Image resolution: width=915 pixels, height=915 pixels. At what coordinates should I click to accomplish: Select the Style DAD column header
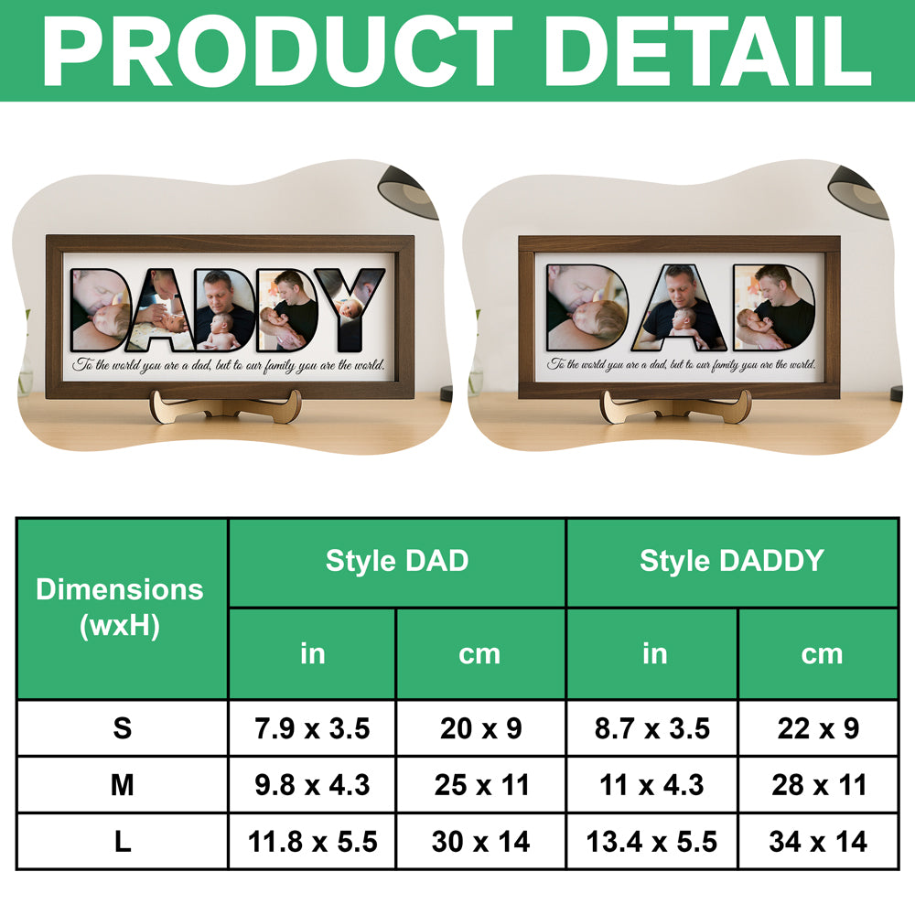coord(397,561)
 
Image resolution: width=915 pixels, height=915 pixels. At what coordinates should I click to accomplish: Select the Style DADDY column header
coord(732,561)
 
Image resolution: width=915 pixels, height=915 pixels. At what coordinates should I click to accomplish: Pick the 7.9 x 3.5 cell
coord(312,728)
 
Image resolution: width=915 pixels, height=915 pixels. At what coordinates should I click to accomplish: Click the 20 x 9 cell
coord(480,728)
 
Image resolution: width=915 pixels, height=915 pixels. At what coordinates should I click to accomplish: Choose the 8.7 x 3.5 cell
coord(651,728)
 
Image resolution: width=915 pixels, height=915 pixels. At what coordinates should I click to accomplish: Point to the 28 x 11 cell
coord(818,784)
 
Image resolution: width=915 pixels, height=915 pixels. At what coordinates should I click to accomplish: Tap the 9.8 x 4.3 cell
coord(312,784)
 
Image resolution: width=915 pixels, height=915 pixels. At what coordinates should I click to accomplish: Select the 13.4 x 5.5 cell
coord(651,841)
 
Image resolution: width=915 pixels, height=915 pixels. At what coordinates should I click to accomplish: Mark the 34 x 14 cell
coord(818,841)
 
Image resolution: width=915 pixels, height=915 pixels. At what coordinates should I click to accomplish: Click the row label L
coord(122,841)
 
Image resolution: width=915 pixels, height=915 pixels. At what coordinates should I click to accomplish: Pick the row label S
coord(122,728)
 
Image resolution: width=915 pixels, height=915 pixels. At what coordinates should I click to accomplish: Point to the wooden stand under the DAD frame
coord(675,405)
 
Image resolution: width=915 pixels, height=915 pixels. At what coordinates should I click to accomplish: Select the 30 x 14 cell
coord(480,841)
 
